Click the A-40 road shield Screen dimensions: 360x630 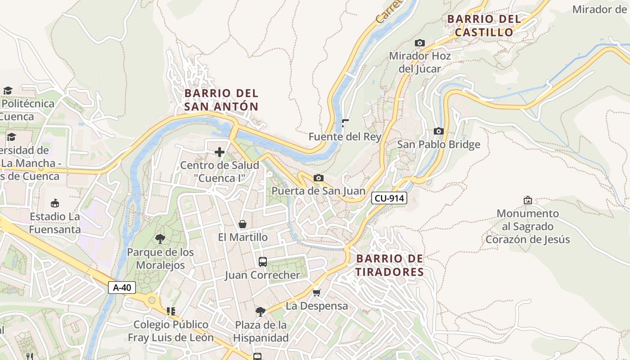point(122,288)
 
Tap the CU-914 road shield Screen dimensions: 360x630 point(389,198)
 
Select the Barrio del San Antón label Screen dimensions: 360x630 point(221,100)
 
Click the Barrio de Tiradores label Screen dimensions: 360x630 point(390,265)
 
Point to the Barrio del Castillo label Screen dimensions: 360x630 point(484,26)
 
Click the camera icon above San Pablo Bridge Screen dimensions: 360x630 point(438,131)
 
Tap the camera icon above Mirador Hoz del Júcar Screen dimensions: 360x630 point(419,43)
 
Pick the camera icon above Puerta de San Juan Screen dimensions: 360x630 point(318,178)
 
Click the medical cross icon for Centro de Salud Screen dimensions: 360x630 point(220,152)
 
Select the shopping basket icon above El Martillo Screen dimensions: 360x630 point(243,224)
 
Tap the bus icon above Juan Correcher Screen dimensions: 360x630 point(262,261)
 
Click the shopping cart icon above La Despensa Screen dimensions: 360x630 point(317,292)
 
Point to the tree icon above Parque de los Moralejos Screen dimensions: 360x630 point(160,238)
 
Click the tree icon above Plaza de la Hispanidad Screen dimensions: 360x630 point(260,311)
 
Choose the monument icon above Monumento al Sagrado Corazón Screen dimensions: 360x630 point(527,200)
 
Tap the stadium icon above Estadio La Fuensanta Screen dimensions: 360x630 point(55,203)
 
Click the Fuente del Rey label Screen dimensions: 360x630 point(345,137)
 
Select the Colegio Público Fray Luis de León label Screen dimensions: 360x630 point(171,331)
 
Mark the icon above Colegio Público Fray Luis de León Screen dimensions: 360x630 point(171,311)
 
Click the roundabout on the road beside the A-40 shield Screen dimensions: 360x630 point(152,299)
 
